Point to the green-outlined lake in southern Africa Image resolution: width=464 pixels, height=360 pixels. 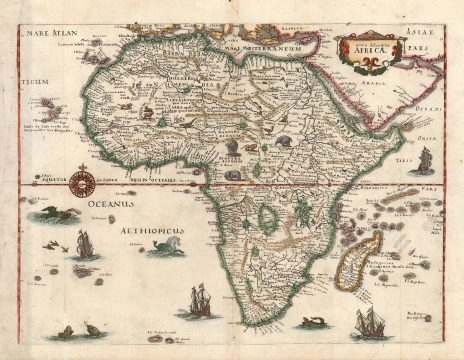coord(267,218)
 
